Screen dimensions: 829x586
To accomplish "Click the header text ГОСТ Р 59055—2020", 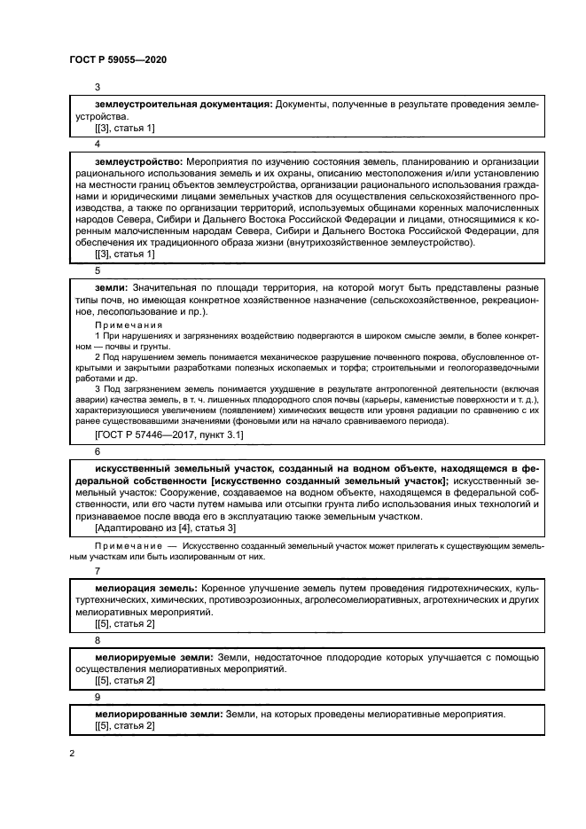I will click(x=117, y=59).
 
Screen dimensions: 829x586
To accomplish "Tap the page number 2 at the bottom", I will click(x=72, y=754).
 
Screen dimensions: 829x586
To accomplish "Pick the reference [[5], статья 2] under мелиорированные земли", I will click(x=124, y=725).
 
